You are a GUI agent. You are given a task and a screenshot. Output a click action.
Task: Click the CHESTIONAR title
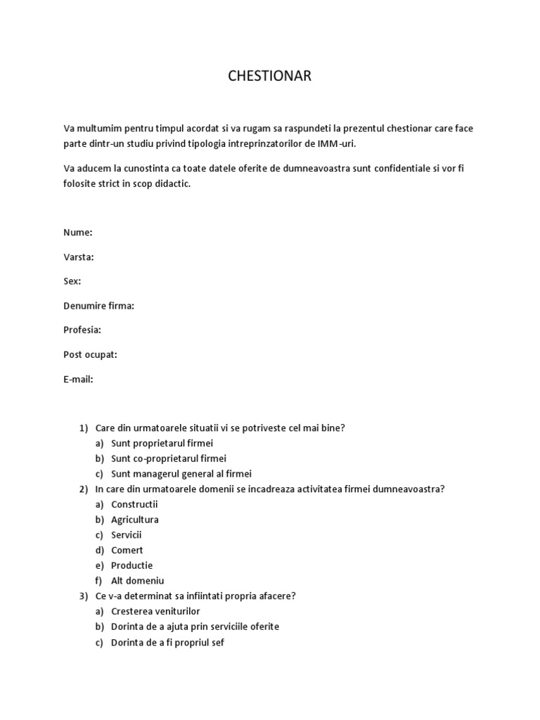[x=269, y=76]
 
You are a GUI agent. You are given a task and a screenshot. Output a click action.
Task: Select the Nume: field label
[x=78, y=233]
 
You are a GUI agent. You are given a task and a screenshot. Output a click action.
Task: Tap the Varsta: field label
[x=79, y=257]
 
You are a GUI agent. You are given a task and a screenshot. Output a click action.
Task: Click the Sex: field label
[x=72, y=281]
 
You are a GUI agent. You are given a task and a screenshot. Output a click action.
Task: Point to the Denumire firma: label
[x=98, y=306]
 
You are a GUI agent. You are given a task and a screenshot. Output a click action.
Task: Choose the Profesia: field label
[x=82, y=330]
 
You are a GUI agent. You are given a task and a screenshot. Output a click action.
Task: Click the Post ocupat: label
[x=90, y=354]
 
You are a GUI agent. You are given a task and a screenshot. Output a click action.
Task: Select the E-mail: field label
[x=78, y=379]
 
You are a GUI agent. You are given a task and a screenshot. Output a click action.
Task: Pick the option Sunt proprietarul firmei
[x=162, y=443]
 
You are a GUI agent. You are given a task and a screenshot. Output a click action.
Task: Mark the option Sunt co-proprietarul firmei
[x=169, y=458]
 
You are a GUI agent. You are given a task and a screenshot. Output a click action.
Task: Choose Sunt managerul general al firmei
[x=181, y=474]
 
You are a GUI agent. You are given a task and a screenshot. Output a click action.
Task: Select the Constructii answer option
[x=134, y=504]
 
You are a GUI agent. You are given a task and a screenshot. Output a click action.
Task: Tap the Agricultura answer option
[x=135, y=520]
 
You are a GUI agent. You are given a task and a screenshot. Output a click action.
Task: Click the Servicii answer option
[x=127, y=535]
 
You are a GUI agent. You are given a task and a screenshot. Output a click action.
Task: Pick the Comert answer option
[x=127, y=551]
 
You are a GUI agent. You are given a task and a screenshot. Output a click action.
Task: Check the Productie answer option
[x=131, y=565]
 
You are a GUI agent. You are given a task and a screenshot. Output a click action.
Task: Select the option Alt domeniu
[x=137, y=581]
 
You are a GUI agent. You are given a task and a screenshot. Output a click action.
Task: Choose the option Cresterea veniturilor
[x=155, y=612]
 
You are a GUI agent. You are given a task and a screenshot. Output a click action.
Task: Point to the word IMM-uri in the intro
[x=327, y=143]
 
